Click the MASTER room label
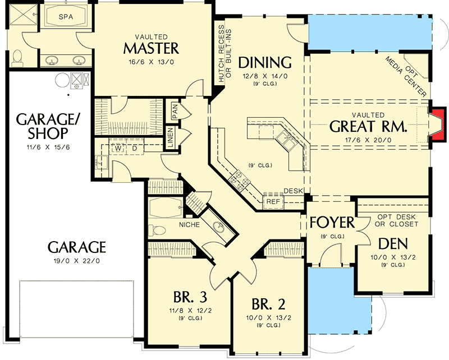pyautogui.click(x=152, y=47)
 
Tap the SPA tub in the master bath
pyautogui.click(x=66, y=18)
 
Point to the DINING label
pyautogui.click(x=265, y=62)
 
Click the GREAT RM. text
pyautogui.click(x=368, y=126)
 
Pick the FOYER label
pyautogui.click(x=332, y=223)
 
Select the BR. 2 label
pyautogui.click(x=268, y=305)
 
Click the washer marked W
pyautogui.click(x=119, y=149)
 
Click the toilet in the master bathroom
pyautogui.click(x=17, y=56)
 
